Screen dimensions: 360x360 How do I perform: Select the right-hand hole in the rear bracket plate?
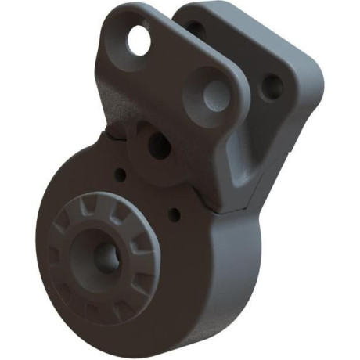pyautogui.click(x=271, y=88)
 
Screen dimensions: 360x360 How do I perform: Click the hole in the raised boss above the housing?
pyautogui.click(x=158, y=145)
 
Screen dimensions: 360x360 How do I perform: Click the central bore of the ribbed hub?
pyautogui.click(x=104, y=255)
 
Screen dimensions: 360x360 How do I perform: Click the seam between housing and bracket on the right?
pyautogui.click(x=235, y=208)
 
